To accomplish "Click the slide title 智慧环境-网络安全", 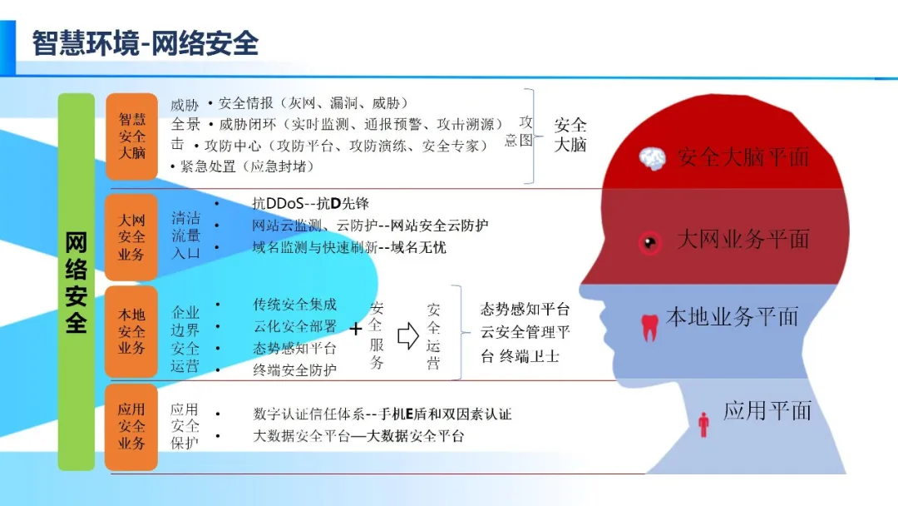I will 146,42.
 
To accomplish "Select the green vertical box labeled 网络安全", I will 76,281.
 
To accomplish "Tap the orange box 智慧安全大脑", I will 131,136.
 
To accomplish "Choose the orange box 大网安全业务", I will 131,237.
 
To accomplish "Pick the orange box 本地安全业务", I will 131,331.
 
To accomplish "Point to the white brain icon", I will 653,158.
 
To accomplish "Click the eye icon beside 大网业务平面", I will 649,242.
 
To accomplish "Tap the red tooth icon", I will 650,325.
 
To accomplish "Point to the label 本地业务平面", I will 733,317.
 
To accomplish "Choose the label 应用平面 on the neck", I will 767,410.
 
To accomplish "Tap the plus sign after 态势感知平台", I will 356,329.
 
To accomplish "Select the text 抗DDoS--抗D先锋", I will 310,204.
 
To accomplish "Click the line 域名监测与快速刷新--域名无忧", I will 349,247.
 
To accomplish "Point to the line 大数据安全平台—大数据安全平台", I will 358,435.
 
